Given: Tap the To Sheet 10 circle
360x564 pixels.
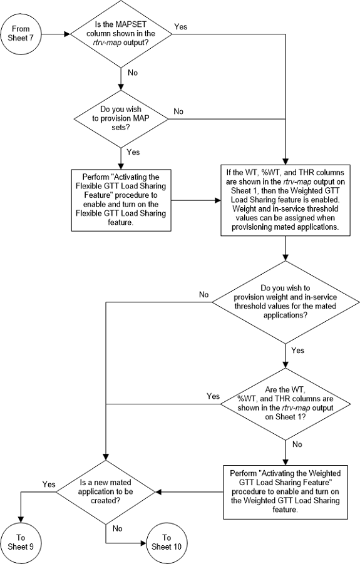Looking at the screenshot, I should point(167,541).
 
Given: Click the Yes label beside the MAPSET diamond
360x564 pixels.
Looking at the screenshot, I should point(180,27).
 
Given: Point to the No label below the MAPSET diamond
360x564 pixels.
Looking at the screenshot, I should point(133,73).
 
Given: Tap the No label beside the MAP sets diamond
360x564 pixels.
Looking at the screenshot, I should point(178,111).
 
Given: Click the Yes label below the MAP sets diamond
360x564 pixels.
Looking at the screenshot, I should point(133,152).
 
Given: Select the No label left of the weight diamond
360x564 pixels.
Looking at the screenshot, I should point(203,294).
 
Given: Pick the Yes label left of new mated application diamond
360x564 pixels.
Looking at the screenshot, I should point(48,485).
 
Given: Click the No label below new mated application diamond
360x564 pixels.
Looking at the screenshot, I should point(117,528).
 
